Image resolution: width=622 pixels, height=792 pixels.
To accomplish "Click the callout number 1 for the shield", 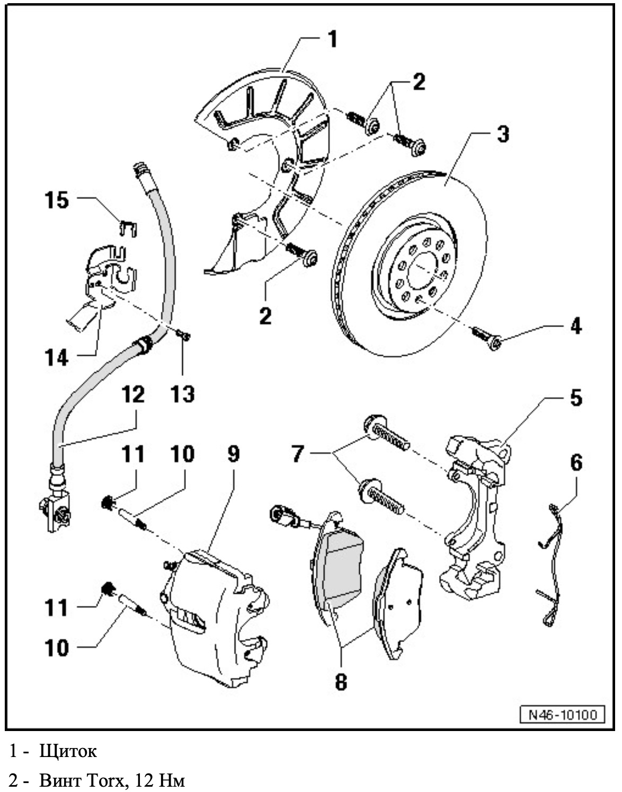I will tap(332, 39).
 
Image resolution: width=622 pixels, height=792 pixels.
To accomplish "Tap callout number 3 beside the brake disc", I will tap(502, 134).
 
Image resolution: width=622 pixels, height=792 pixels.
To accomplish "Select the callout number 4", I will tap(576, 325).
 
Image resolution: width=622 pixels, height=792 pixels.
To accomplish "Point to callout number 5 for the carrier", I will tap(576, 398).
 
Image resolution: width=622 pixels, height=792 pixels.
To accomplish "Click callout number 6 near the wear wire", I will tap(576, 462).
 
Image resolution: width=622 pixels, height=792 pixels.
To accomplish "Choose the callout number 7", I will tap(298, 454).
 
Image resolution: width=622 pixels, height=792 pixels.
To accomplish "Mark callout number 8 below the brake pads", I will tap(341, 682).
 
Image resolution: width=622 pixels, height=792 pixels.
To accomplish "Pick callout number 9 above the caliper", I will tap(233, 454).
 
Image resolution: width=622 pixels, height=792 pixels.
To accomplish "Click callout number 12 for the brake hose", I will tap(133, 394).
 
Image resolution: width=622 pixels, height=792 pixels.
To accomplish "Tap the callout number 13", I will tap(183, 394).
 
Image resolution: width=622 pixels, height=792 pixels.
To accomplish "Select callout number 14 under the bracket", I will tap(56, 357).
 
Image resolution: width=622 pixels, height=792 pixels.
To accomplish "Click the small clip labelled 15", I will tap(127, 227).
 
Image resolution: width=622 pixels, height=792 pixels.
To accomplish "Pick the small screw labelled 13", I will tap(183, 335).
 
